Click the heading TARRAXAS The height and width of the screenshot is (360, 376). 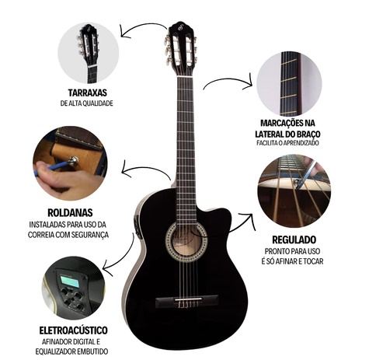pyautogui.click(x=88, y=93)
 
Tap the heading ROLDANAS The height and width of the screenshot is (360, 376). pyautogui.click(x=70, y=212)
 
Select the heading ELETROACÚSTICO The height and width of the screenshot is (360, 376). pyautogui.click(x=73, y=330)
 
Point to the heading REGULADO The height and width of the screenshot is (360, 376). pyautogui.click(x=294, y=239)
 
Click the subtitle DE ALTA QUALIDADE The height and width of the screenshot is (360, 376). pyautogui.click(x=87, y=103)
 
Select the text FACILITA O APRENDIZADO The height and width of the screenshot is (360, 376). pyautogui.click(x=287, y=143)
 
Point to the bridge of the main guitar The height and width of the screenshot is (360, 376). pyautogui.click(x=186, y=302)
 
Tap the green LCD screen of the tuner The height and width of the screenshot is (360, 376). pyautogui.click(x=69, y=281)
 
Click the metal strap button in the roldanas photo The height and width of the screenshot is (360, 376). pyautogui.click(x=74, y=161)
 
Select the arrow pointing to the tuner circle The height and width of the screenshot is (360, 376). pyautogui.click(x=120, y=257)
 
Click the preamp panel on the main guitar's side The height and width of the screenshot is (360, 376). pyautogui.click(x=135, y=222)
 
